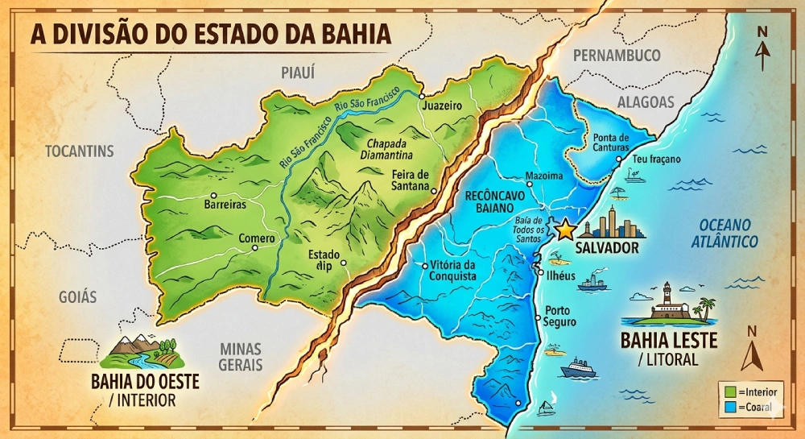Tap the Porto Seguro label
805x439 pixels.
tap(560, 316)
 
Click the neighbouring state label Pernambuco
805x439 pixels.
tap(617, 56)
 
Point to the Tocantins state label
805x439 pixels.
tap(80, 151)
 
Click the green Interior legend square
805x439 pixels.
tap(730, 391)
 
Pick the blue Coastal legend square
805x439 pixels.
tap(730, 407)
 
